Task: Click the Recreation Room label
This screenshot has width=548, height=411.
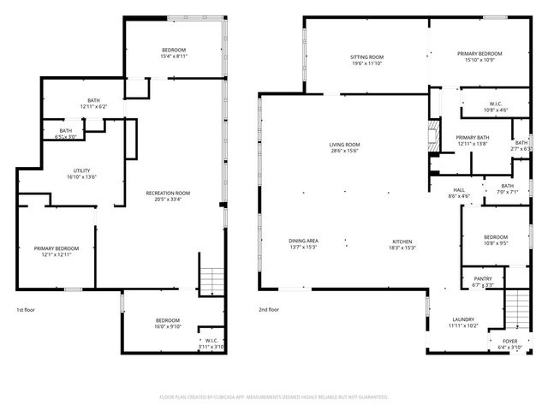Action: (168, 193)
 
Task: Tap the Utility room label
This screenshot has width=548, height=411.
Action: (82, 170)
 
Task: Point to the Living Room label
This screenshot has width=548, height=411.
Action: (344, 145)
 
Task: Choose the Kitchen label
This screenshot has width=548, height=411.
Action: (403, 241)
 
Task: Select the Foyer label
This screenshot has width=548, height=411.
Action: (509, 341)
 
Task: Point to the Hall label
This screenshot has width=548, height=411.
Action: (459, 190)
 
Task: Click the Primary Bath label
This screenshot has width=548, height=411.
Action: (472, 137)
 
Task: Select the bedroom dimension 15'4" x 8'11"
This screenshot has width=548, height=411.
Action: (174, 57)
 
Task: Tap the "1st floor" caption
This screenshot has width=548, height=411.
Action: (27, 310)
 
